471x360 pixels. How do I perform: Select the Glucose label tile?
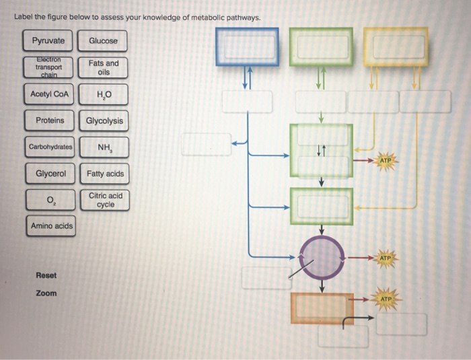click(103, 41)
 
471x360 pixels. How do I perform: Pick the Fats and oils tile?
click(103, 68)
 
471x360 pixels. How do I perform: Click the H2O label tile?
click(103, 95)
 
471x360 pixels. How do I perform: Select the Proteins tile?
click(50, 120)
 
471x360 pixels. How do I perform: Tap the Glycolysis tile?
click(104, 121)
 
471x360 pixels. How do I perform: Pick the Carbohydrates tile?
click(50, 147)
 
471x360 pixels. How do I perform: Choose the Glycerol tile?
click(50, 174)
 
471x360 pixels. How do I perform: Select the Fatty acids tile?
click(105, 174)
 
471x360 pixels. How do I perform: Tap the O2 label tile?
click(50, 200)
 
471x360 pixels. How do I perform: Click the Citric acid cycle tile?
click(105, 200)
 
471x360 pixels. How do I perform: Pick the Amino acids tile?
click(50, 226)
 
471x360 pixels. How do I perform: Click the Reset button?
click(46, 275)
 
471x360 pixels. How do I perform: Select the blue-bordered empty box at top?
click(247, 46)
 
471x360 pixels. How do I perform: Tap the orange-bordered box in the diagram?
click(322, 308)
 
